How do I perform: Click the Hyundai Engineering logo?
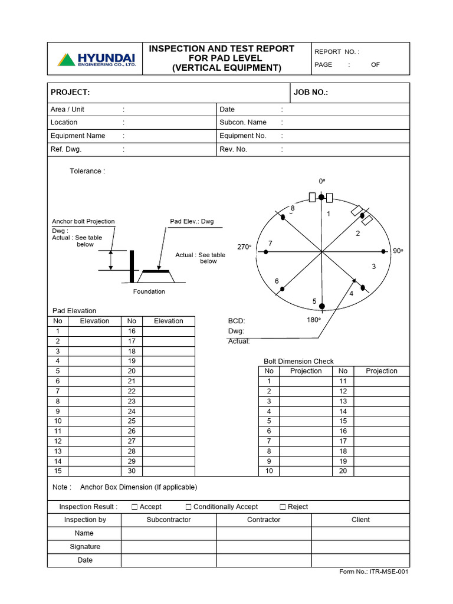(x=96, y=60)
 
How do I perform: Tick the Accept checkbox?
(x=134, y=507)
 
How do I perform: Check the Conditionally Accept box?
(x=188, y=507)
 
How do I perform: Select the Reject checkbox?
(x=283, y=507)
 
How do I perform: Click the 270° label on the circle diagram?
(x=244, y=247)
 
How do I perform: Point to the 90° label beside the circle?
(x=398, y=251)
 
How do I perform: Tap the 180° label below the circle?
(x=313, y=320)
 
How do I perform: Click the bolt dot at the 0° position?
(x=321, y=197)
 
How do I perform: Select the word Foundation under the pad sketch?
(x=149, y=291)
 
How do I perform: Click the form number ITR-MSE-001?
(x=374, y=572)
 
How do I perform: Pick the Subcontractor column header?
(x=169, y=520)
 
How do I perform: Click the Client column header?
(x=360, y=520)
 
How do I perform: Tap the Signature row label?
(x=85, y=547)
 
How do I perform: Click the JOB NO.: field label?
(x=310, y=93)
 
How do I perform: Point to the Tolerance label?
(x=87, y=171)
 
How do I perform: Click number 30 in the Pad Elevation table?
(x=132, y=471)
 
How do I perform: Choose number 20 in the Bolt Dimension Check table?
(x=343, y=471)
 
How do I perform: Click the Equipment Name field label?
(x=78, y=136)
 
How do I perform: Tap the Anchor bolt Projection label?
(x=83, y=222)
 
